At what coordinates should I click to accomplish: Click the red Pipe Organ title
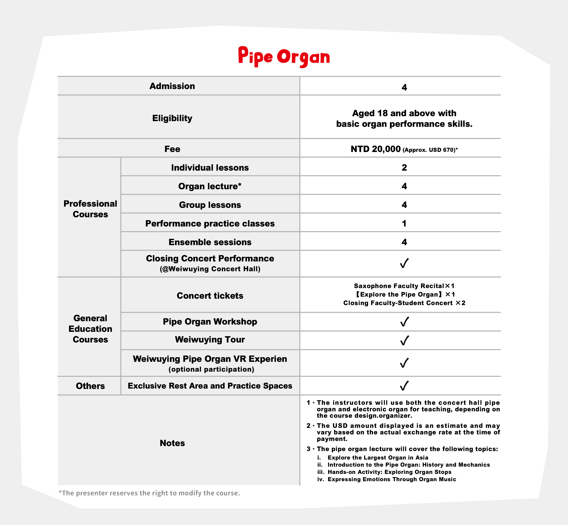pyautogui.click(x=284, y=57)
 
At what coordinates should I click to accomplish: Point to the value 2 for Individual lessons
pyautogui.click(x=404, y=168)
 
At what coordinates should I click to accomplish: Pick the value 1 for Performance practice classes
pyautogui.click(x=404, y=224)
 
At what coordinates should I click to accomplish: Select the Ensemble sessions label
pyautogui.click(x=210, y=242)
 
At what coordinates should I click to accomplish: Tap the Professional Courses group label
pyautogui.click(x=90, y=209)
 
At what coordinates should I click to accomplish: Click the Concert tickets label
pyautogui.click(x=210, y=296)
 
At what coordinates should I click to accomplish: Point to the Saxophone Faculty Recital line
pyautogui.click(x=404, y=286)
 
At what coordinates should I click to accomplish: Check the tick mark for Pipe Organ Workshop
pyautogui.click(x=404, y=322)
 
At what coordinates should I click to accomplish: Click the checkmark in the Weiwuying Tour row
pyautogui.click(x=404, y=340)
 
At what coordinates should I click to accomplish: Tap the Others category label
pyautogui.click(x=90, y=386)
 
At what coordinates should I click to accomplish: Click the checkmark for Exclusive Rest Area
pyautogui.click(x=404, y=386)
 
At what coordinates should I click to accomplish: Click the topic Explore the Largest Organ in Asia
pyautogui.click(x=378, y=458)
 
